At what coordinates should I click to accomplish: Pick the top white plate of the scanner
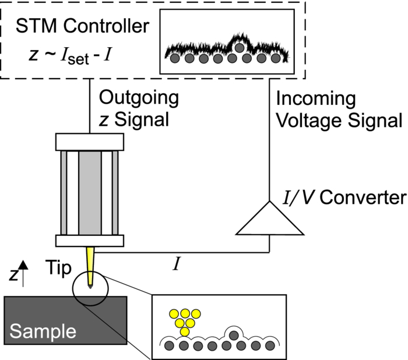click(89, 142)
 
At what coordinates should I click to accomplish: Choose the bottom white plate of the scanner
click(89, 240)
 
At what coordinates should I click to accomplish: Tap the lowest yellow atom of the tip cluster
click(185, 331)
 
